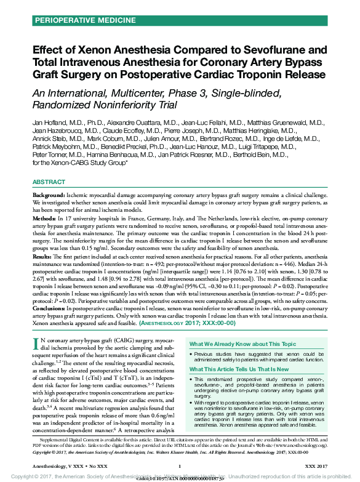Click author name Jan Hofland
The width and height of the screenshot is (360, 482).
(x=49, y=124)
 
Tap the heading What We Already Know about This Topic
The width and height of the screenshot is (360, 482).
(x=242, y=344)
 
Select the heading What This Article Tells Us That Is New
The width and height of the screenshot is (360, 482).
(x=242, y=369)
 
